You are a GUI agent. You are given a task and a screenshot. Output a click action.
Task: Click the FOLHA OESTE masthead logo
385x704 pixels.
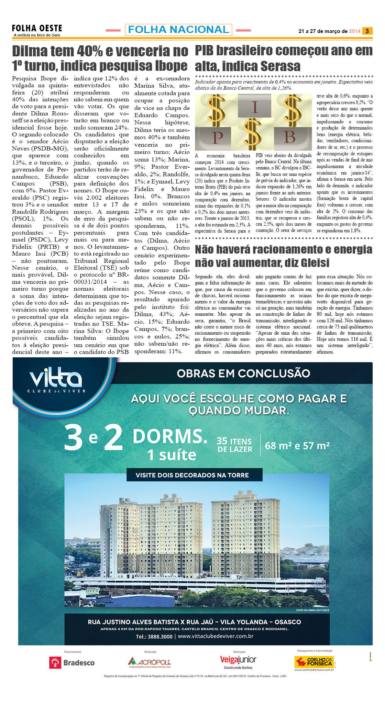pos(37,30)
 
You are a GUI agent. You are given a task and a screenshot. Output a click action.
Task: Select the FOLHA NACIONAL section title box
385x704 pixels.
pos(178,30)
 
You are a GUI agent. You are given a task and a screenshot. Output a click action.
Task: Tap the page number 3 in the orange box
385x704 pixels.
pos(367,31)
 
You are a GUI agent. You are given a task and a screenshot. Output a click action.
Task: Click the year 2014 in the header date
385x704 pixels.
pos(354,31)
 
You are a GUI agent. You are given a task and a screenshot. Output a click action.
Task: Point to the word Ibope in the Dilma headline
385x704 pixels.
pos(171,66)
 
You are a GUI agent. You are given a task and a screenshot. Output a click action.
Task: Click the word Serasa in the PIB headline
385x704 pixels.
pos(277,66)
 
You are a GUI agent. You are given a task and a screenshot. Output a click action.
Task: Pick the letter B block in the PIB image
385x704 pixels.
pos(289,137)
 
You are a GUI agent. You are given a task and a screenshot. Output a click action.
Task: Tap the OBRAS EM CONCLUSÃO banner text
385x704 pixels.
pos(243,373)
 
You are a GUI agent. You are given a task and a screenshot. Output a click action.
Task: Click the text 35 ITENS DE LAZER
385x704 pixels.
pos(234,445)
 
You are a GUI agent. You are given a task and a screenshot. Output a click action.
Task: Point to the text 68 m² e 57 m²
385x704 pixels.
pos(297,446)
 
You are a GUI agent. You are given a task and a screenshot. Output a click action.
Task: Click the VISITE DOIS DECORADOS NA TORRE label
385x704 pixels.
pos(192,475)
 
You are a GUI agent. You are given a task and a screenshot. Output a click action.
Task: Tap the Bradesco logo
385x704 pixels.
pos(72,662)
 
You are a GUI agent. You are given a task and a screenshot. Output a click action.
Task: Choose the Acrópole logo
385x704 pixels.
pos(150,662)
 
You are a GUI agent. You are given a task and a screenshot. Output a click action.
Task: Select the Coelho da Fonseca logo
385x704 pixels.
pos(314,662)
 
